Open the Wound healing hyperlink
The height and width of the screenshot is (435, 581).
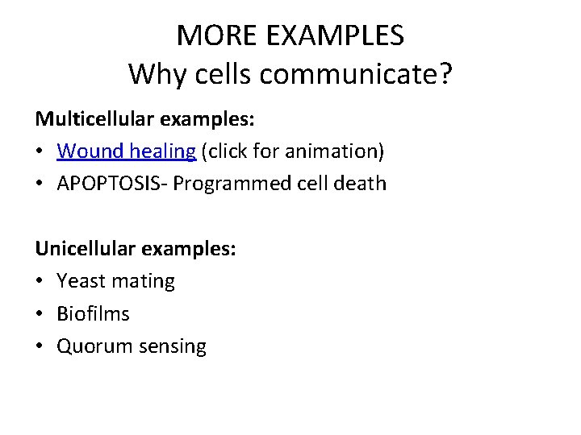[x=127, y=151]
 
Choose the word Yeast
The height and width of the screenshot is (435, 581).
[x=82, y=281]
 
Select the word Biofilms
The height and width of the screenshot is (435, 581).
[x=93, y=314]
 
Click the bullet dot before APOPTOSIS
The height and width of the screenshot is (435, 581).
[x=40, y=184]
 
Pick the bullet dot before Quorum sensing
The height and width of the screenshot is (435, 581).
[x=40, y=347]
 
